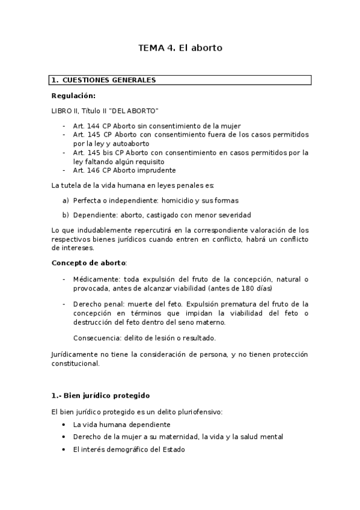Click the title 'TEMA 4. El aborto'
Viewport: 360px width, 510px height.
coord(180,48)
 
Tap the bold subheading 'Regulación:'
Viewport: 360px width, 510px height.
coord(73,96)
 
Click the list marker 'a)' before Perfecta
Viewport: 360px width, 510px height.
coord(66,200)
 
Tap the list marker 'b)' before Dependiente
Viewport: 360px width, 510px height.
coord(66,215)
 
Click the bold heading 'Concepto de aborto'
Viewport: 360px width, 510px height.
coord(89,263)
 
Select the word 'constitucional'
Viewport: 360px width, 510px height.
coord(76,363)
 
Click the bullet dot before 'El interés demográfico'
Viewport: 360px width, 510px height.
coord(64,449)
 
